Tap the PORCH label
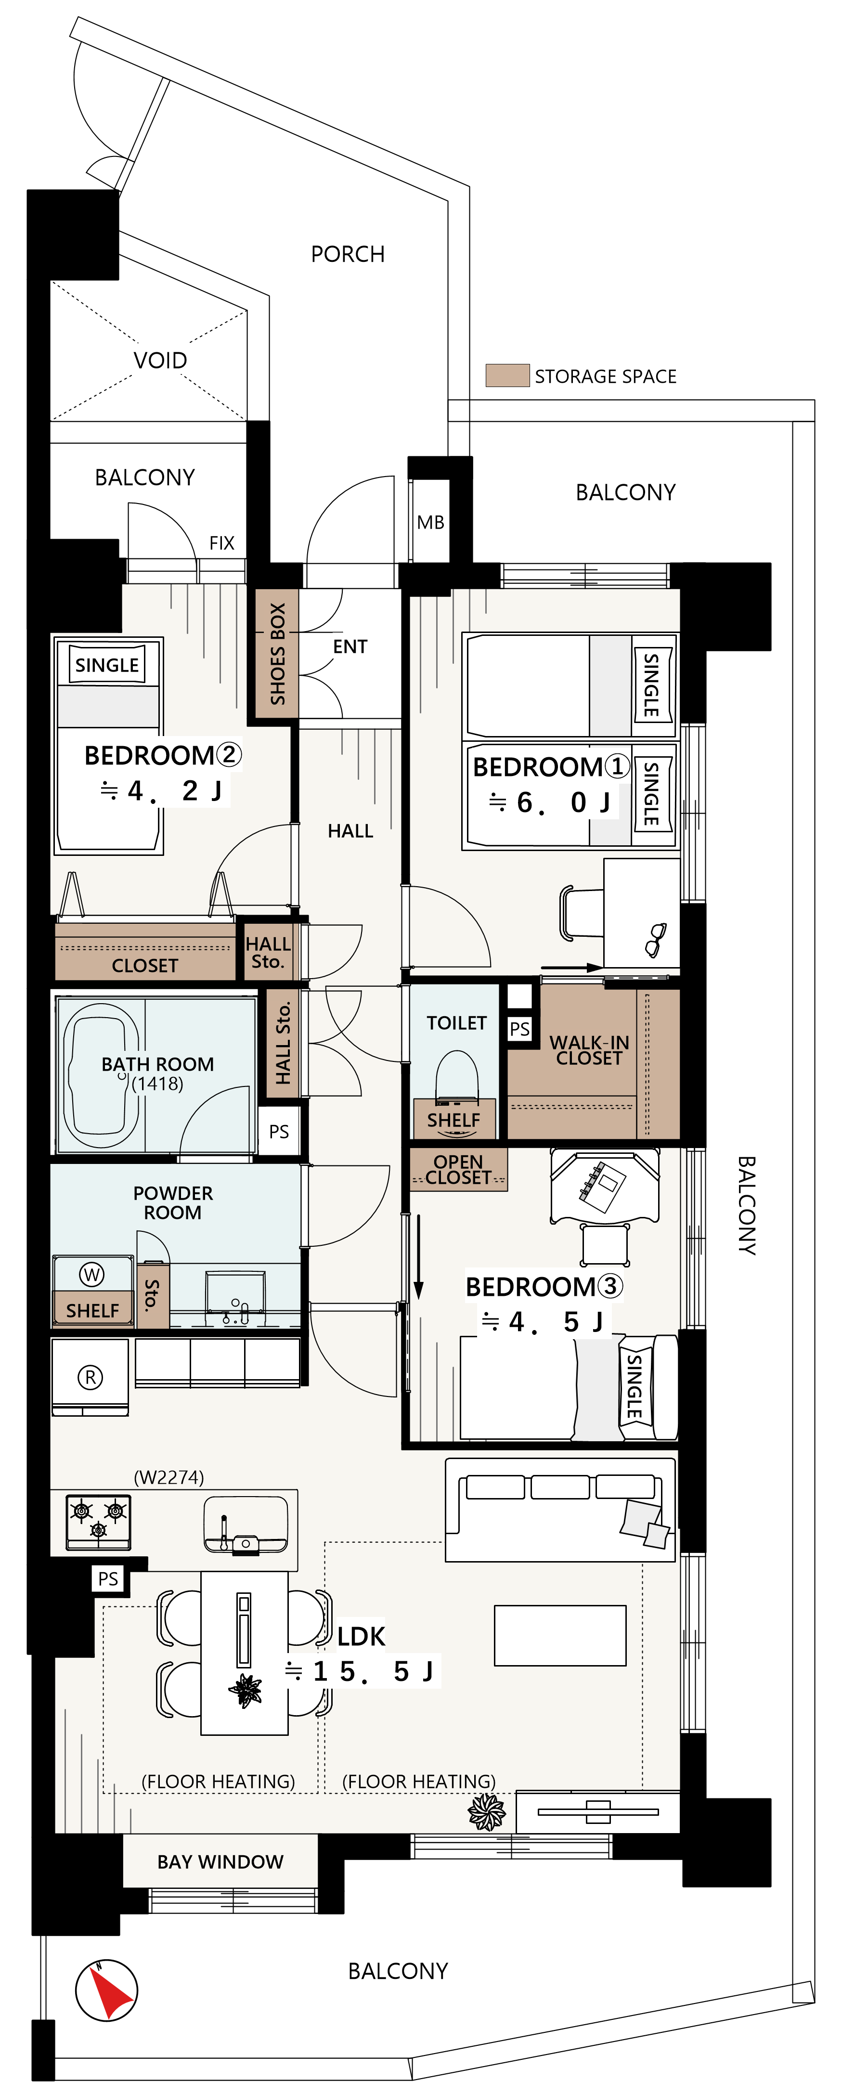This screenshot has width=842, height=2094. tap(348, 255)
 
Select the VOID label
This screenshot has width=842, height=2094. tap(160, 360)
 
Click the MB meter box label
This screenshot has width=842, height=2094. tap(431, 523)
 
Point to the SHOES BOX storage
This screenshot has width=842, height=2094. tap(276, 654)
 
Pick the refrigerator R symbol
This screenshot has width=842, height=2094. tap(90, 1377)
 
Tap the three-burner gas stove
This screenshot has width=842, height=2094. tap(98, 1521)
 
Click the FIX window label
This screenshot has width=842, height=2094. tap(222, 543)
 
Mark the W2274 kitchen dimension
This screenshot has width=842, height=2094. tap(169, 1477)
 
